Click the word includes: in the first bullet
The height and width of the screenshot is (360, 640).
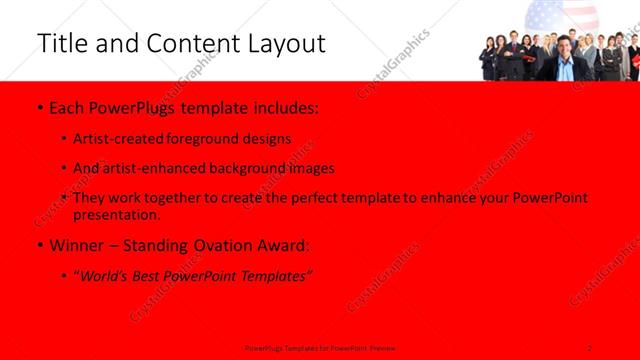(284, 105)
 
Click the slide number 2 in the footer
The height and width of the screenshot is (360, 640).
(591, 347)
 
